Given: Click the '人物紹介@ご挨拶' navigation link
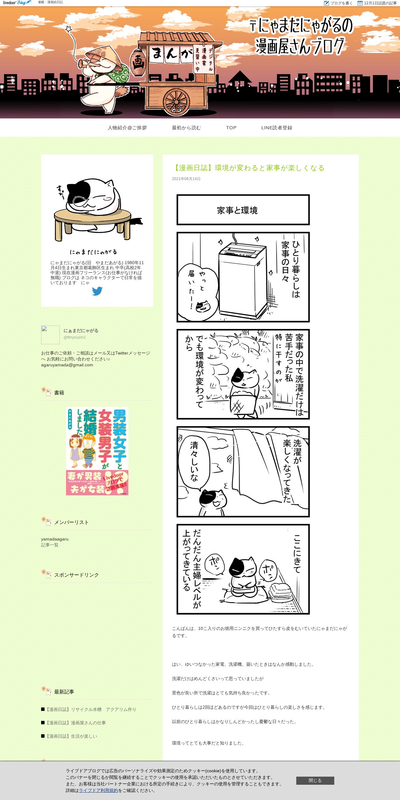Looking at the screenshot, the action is click(x=127, y=128).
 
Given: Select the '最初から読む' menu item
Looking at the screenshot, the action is click(x=186, y=128).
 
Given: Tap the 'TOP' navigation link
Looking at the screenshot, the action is click(x=231, y=128).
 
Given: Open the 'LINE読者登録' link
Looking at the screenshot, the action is click(x=277, y=128).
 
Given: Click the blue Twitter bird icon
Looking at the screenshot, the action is click(x=97, y=291).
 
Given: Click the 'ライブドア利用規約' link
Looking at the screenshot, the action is click(x=98, y=790).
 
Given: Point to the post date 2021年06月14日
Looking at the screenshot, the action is click(x=186, y=179).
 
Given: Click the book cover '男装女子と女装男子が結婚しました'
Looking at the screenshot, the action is click(x=97, y=451).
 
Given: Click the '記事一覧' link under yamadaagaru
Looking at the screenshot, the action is click(x=50, y=545).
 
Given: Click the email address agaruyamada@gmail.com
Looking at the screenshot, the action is click(x=67, y=365).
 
